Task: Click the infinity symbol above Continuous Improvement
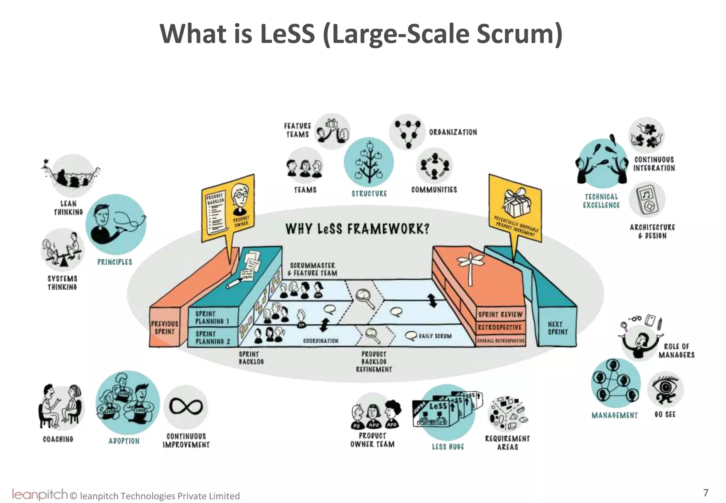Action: [186, 407]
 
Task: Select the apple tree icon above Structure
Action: [369, 163]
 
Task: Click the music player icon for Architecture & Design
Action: [647, 200]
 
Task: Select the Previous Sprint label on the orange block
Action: [164, 328]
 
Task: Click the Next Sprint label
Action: [558, 328]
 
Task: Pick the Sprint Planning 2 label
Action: [213, 338]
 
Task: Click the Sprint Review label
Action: [500, 315]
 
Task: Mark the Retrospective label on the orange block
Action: [499, 327]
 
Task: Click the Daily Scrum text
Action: [435, 336]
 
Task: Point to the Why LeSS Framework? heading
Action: [357, 229]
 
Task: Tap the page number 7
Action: [705, 492]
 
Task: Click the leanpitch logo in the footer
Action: [39, 494]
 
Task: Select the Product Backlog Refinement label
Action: [374, 362]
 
